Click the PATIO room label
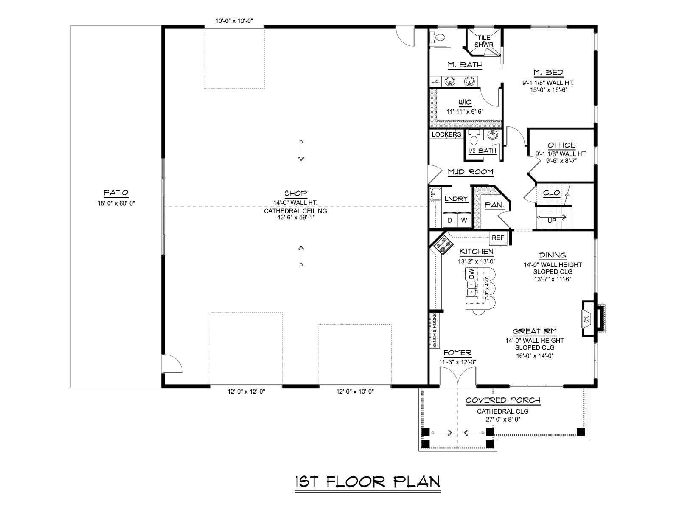coord(115,193)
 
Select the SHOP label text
coord(295,193)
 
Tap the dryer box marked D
coord(450,220)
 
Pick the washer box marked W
coord(464,220)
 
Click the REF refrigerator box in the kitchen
coord(498,238)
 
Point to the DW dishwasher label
coord(471,274)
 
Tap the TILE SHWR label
coord(484,41)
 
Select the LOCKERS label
coord(446,134)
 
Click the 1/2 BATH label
coord(483,151)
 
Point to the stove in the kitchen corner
coord(442,244)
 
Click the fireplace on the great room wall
coord(592,318)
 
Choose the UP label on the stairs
coord(552,220)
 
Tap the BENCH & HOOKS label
coord(434,331)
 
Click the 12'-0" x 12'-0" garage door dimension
coord(246,392)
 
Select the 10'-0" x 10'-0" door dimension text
coord(234,21)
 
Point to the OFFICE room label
coord(561,145)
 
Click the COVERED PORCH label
coord(503,400)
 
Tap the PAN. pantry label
coord(494,205)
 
